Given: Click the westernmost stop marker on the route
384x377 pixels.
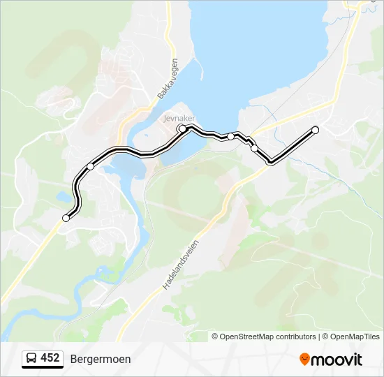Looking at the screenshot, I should pos(66,218).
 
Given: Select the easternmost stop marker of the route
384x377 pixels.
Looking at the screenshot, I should pos(315,130).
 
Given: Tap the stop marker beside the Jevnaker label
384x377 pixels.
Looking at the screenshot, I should pos(182,129).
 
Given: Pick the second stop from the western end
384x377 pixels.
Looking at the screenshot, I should pos(91,166).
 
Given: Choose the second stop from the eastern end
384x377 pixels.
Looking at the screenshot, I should pos(254,147).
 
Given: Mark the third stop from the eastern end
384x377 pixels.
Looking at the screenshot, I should pos(231,137).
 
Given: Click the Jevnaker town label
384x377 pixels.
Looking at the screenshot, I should pos(179,118).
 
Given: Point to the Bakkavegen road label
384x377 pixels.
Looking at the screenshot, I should pos(168,78).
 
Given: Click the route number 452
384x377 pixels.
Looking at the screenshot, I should pos(50,358).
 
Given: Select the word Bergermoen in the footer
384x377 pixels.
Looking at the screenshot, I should pos(101,359).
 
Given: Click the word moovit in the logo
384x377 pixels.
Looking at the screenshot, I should pos(337,360).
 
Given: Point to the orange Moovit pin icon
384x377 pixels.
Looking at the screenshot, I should pos(304,359).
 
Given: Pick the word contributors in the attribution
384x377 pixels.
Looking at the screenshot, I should pos(296,337).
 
